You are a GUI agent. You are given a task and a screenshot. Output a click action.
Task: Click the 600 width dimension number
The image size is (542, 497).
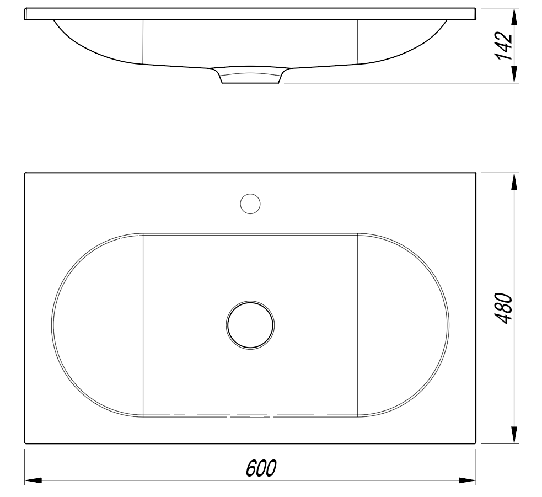pyautogui.click(x=261, y=468)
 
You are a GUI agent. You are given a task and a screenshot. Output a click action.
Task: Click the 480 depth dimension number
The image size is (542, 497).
pyautogui.click(x=503, y=308)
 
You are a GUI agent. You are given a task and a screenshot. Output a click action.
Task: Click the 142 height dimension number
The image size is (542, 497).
pyautogui.click(x=503, y=46)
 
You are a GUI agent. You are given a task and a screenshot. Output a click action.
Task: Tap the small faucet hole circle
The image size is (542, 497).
pyautogui.click(x=250, y=204)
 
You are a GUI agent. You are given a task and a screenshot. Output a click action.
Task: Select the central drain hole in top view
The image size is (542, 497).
pyautogui.click(x=250, y=325)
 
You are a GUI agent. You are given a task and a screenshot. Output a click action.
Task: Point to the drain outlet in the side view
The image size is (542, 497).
pyautogui.click(x=250, y=76)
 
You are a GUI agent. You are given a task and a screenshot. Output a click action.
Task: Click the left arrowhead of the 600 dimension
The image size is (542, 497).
pyautogui.click(x=33, y=480)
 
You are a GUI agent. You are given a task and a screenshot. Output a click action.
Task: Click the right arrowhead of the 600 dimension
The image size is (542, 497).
pyautogui.click(x=468, y=480)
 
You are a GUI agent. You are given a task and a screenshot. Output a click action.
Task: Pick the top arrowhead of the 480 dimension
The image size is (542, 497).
pyautogui.click(x=514, y=181)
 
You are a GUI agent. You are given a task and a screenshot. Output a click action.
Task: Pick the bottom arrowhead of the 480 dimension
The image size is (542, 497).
pyautogui.click(x=514, y=435)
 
